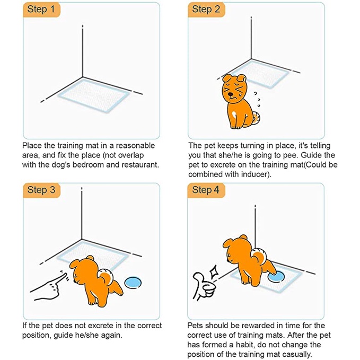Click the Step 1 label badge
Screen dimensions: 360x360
tap(41, 10)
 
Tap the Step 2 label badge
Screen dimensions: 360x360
tap(206, 10)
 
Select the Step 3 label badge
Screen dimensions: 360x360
tap(41, 190)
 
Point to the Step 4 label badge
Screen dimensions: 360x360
tap(206, 190)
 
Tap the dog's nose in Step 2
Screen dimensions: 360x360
tap(230, 94)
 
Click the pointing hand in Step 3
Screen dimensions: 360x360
tap(49, 286)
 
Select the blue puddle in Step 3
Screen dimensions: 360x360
tap(133, 283)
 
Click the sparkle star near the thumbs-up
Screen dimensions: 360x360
tap(213, 271)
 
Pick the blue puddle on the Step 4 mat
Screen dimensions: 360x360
tap(276, 276)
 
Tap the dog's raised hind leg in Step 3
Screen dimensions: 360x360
tap(117, 287)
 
